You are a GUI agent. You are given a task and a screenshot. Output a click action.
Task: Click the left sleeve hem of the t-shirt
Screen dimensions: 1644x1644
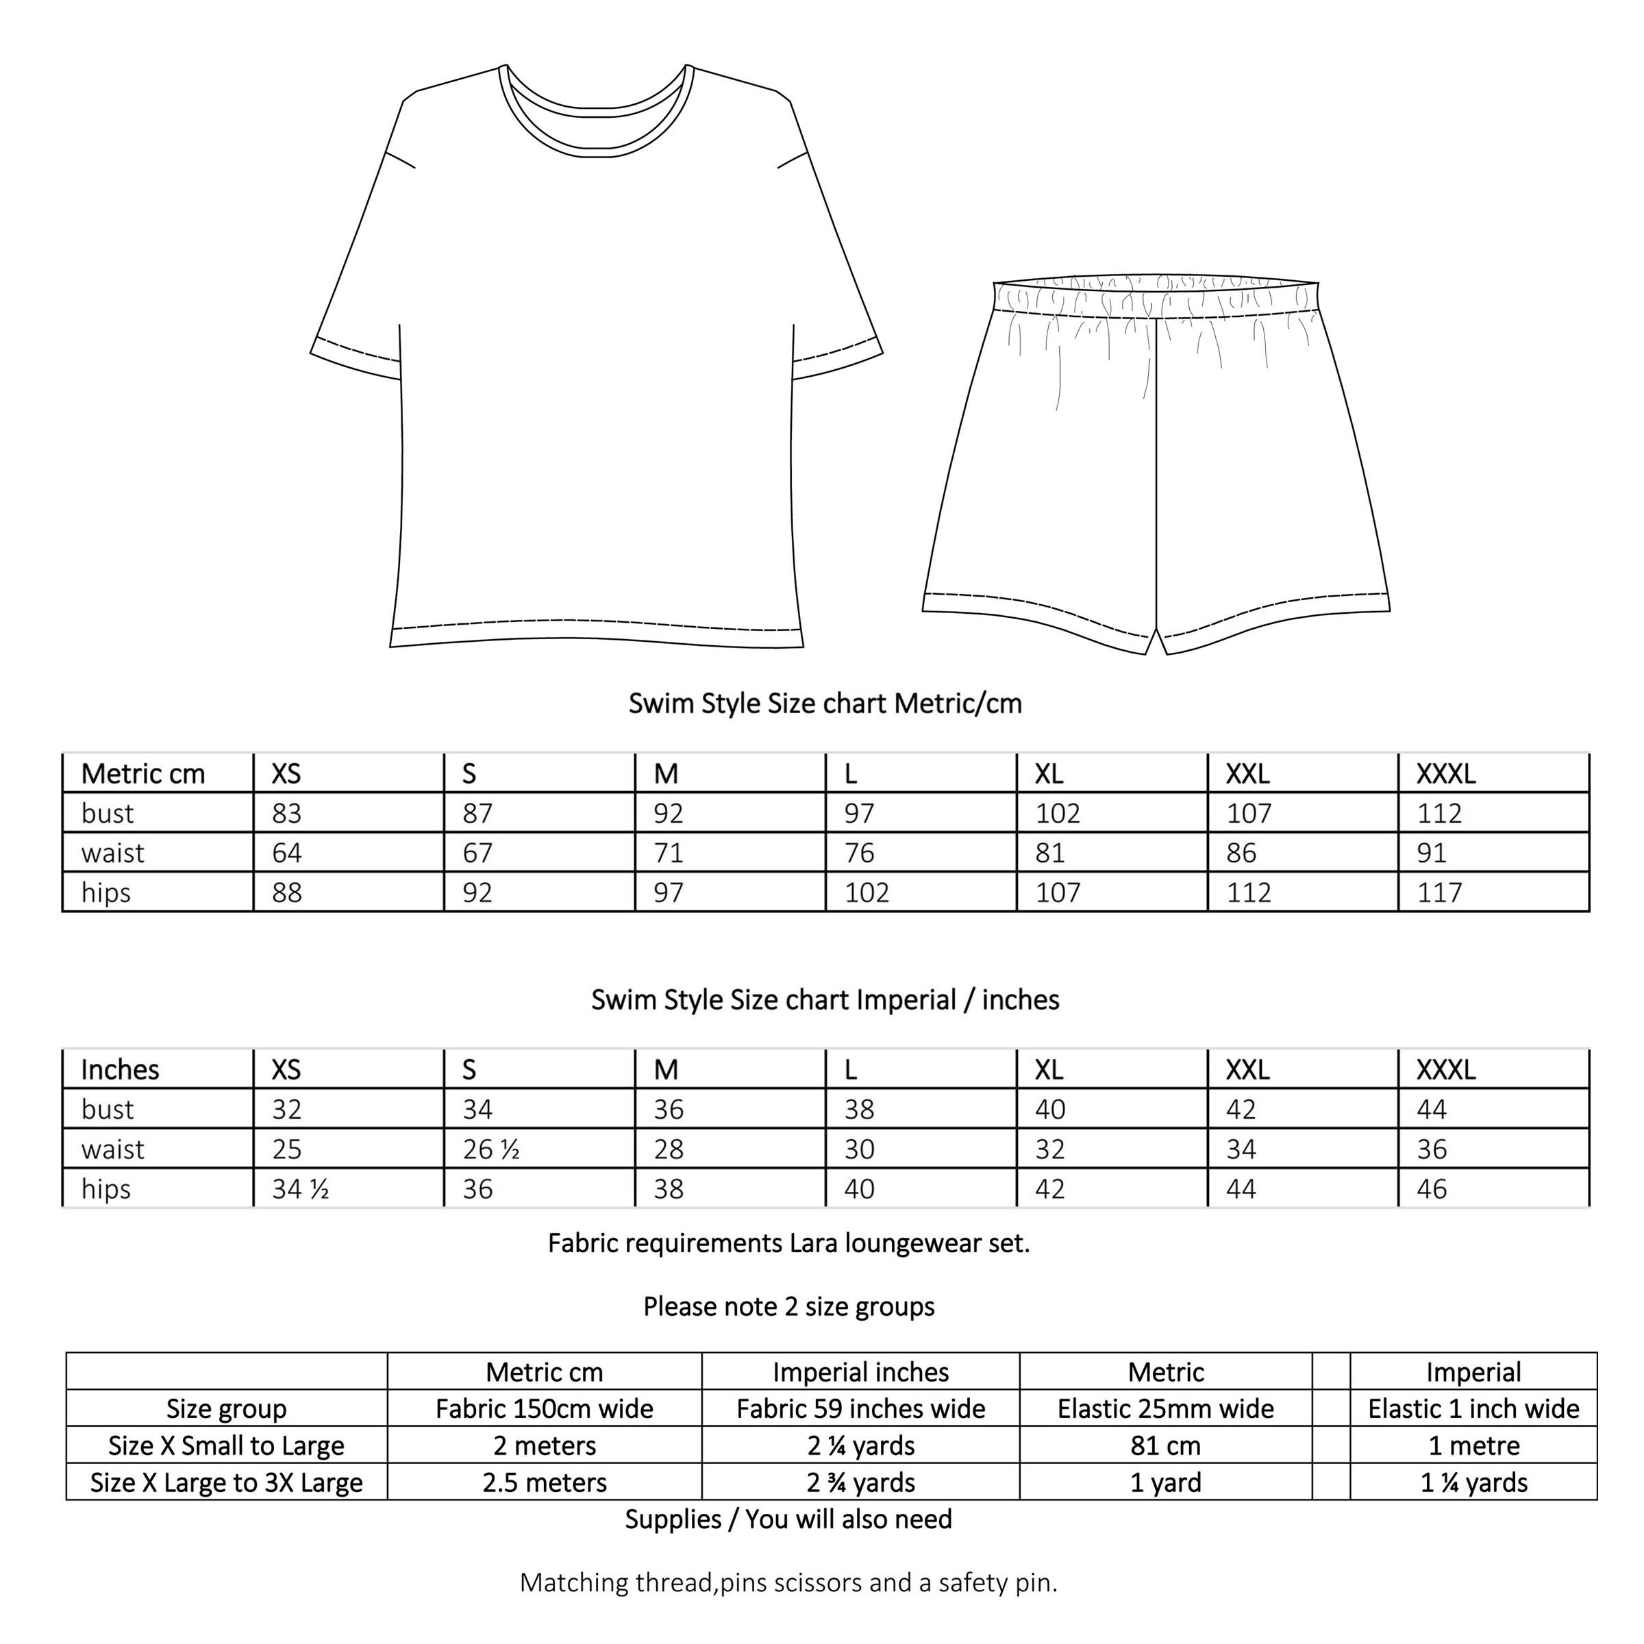coord(355,359)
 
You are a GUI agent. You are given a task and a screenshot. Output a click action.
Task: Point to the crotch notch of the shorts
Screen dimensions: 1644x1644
coord(1156,640)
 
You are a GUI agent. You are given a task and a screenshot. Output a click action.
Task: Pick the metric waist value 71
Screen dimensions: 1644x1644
coord(668,853)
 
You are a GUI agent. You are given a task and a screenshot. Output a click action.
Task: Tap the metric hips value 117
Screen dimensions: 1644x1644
coord(1439,893)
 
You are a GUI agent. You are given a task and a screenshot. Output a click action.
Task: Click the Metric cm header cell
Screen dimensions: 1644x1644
coord(143,773)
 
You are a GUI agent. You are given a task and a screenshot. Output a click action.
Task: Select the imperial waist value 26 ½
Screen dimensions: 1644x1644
coord(491,1149)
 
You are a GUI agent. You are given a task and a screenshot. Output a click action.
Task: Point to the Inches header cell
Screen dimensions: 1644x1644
coord(120,1069)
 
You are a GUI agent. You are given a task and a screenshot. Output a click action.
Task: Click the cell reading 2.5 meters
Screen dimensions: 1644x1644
coord(545,1482)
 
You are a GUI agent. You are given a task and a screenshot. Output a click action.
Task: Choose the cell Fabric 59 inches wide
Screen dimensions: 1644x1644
coord(860,1409)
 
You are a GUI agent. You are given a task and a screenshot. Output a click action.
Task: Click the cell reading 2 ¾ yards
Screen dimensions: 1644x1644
coord(860,1482)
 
